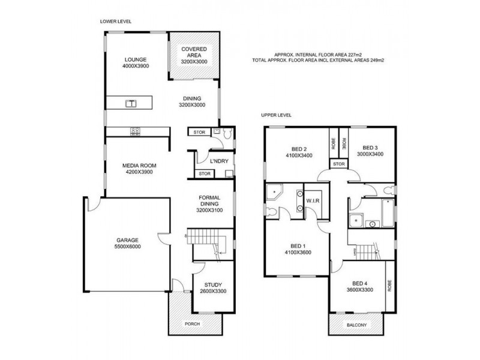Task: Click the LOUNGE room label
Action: [x=136, y=59]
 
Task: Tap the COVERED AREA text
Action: [x=194, y=50]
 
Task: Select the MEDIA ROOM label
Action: [x=136, y=165]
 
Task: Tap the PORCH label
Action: [x=192, y=324]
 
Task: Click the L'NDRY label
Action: [x=217, y=161]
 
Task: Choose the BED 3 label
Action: [x=370, y=148]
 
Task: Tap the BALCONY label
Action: [x=356, y=325]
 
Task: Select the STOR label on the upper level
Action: [x=338, y=163]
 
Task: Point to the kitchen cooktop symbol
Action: [x=134, y=130]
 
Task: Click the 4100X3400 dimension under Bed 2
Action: [x=298, y=155]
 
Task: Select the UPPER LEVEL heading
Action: [x=276, y=115]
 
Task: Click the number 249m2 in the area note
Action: [x=376, y=60]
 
